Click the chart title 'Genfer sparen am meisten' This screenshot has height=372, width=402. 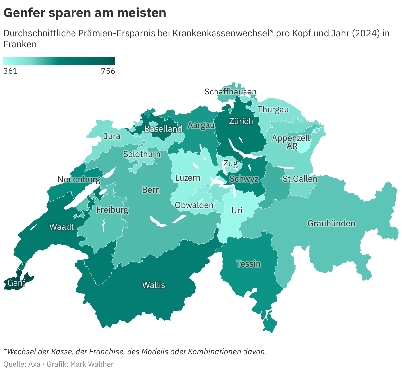pyautogui.click(x=85, y=13)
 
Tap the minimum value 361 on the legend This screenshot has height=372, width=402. pyautogui.click(x=10, y=71)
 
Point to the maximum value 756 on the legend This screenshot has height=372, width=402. pyautogui.click(x=108, y=71)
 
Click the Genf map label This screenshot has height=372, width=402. pyautogui.click(x=16, y=283)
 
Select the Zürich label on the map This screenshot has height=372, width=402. pyautogui.click(x=241, y=121)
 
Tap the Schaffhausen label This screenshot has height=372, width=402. pyautogui.click(x=230, y=92)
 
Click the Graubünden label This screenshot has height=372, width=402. pyautogui.click(x=331, y=223)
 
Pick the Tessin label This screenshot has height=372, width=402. pyautogui.click(x=248, y=264)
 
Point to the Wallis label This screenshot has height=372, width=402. pyautogui.click(x=154, y=285)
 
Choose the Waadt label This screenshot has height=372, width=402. pyautogui.click(x=62, y=226)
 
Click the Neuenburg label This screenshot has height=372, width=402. pyautogui.click(x=79, y=179)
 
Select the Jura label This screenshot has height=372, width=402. pyautogui.click(x=112, y=136)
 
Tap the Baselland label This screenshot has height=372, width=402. pyautogui.click(x=163, y=129)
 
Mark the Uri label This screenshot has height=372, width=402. pyautogui.click(x=237, y=210)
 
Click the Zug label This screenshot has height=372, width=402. pyautogui.click(x=230, y=163)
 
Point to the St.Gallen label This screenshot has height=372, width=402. pyautogui.click(x=300, y=179)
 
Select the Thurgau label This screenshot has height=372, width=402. pyautogui.click(x=273, y=109)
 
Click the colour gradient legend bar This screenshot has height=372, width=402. pyautogui.click(x=59, y=61)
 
